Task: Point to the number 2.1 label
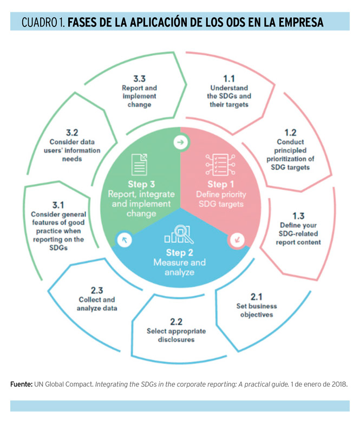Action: point(256,296)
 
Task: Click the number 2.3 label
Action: point(97,290)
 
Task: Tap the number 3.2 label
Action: point(72,132)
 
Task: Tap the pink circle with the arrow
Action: point(237,238)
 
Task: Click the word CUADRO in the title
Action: point(40,23)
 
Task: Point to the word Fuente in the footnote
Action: point(22,384)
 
